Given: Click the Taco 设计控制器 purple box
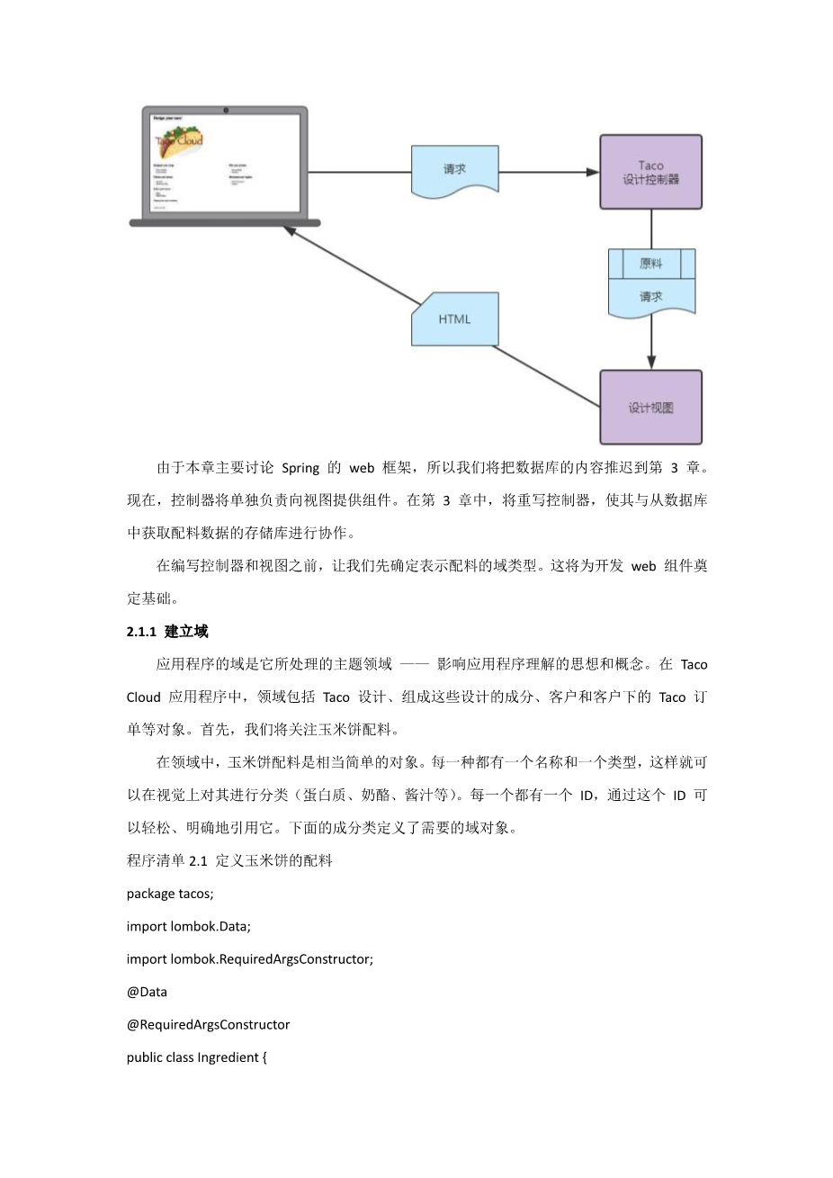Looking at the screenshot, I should pos(650,172).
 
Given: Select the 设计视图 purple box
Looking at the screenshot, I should pos(650,407).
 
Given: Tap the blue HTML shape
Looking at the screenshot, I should pos(454,319).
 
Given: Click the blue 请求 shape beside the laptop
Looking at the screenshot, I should pos(454,170).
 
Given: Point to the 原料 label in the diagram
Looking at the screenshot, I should pos(650,264).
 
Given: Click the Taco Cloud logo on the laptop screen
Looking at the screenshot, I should pos(179,140).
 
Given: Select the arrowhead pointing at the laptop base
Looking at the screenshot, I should pos(290,231).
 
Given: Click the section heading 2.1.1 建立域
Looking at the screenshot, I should pos(167,632).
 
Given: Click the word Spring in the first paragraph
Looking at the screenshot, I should pos(300,468).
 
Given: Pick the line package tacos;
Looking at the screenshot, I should pos(170,894).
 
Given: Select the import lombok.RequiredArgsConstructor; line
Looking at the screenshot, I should pos(249,959).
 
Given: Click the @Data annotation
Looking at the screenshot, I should pos(147,992).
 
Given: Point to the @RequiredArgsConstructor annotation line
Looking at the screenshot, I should pos(208,1024).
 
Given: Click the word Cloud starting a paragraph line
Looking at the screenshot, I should pos(144,697).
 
